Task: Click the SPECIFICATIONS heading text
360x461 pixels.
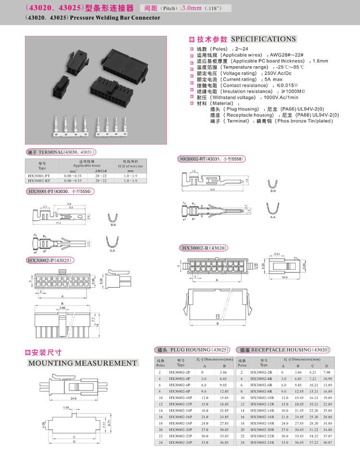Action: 264,39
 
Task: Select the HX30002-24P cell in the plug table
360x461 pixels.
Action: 180,442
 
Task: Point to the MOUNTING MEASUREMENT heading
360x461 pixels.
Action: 82,363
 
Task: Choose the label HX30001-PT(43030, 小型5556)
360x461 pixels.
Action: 60,191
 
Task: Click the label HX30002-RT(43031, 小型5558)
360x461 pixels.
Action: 211,159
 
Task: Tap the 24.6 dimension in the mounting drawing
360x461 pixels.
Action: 74,398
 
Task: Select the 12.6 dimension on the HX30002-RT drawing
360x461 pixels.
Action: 212,189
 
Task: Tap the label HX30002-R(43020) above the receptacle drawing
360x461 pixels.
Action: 204,248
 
